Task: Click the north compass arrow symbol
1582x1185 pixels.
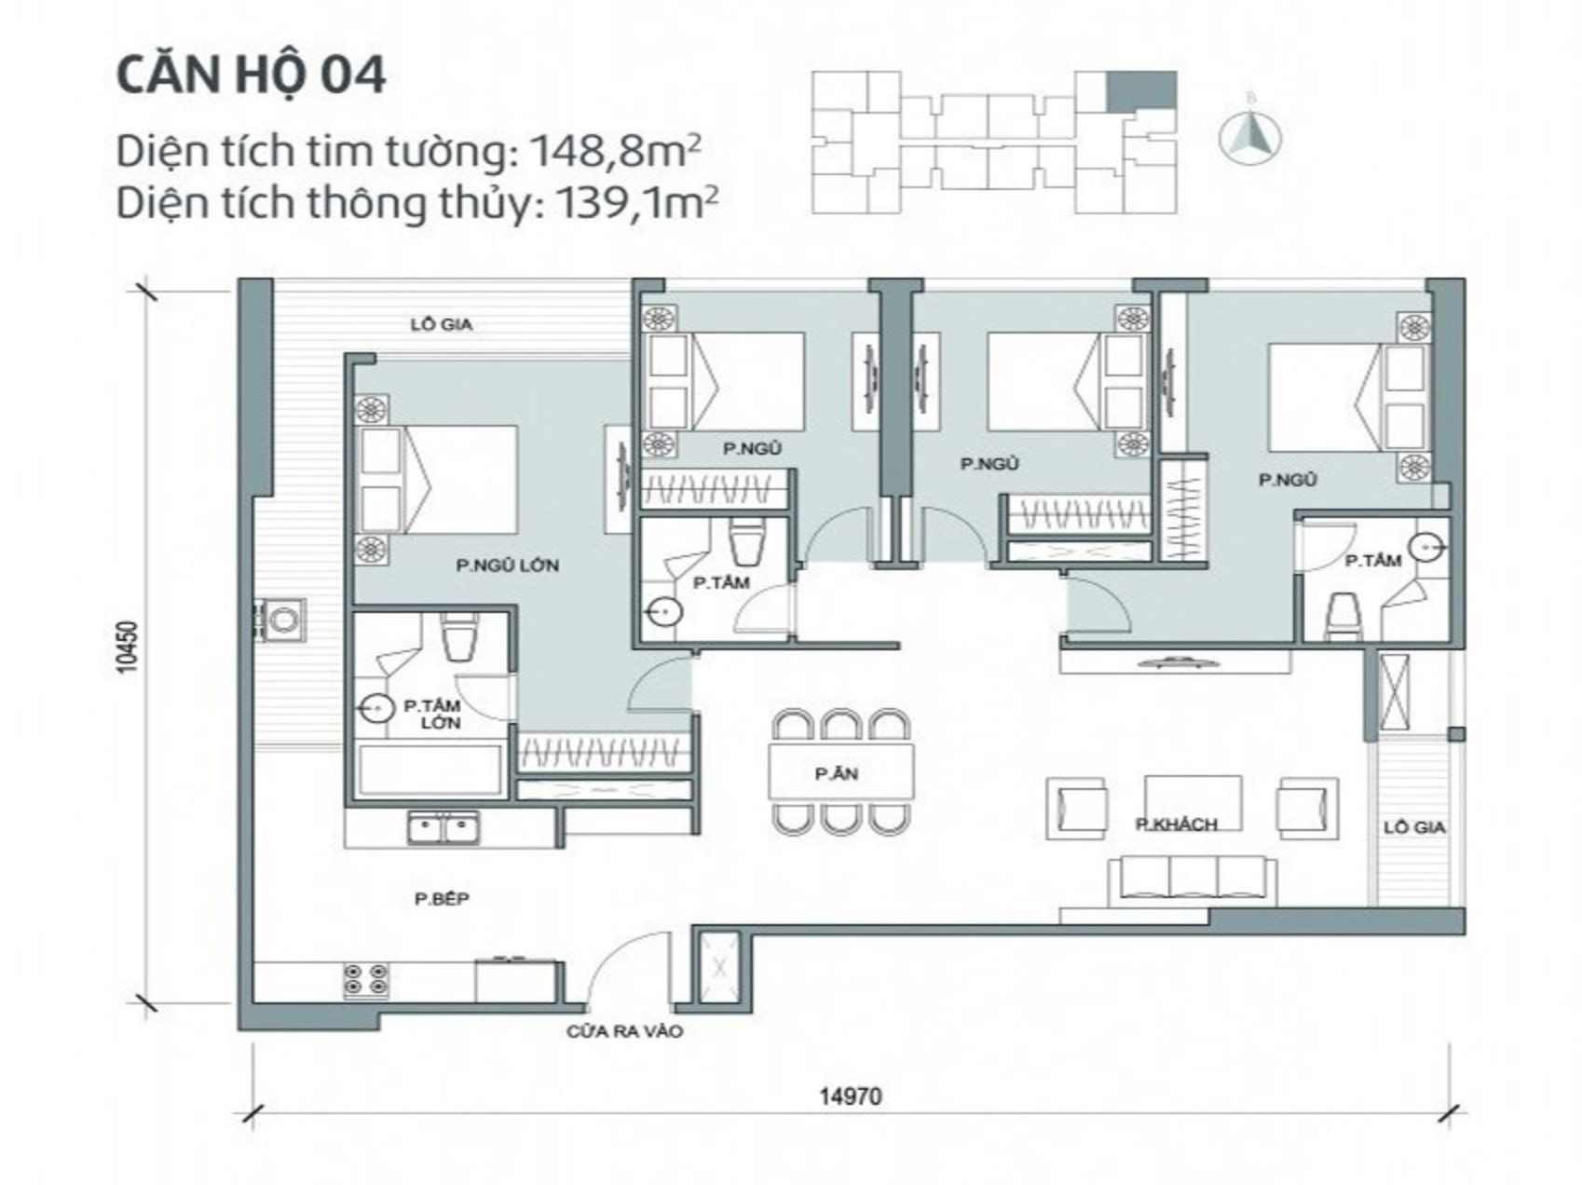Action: click(1251, 132)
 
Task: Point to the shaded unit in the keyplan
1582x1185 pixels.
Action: click(1141, 90)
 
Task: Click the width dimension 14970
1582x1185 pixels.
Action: click(850, 1096)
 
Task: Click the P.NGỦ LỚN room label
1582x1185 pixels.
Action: click(507, 565)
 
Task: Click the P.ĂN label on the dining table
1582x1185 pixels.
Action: click(836, 773)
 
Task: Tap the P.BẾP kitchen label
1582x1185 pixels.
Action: click(442, 899)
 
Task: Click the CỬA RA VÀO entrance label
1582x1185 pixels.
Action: click(624, 1031)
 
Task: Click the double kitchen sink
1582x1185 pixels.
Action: click(443, 828)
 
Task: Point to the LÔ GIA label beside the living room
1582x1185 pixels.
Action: click(1413, 827)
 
